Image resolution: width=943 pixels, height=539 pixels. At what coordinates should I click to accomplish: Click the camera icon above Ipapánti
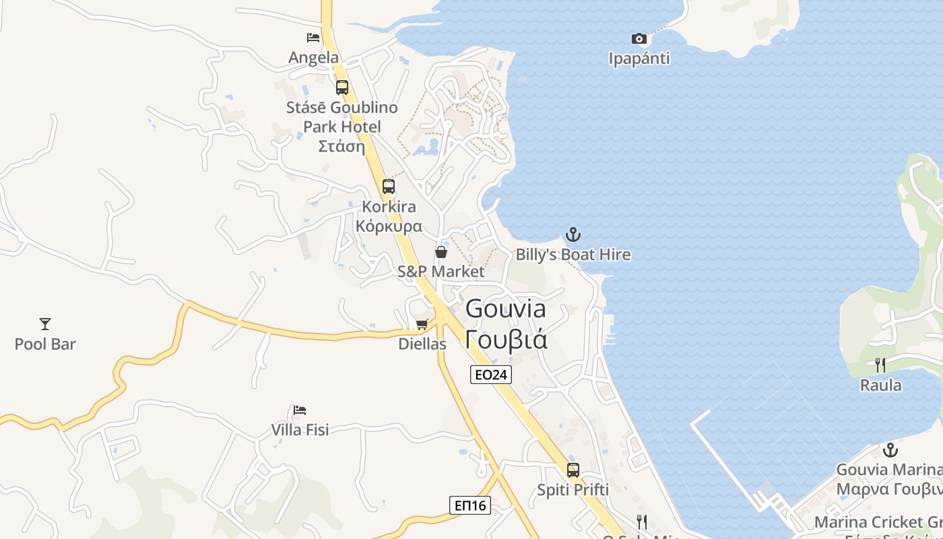[x=639, y=39]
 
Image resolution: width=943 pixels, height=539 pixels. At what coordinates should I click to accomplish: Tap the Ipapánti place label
[x=639, y=59]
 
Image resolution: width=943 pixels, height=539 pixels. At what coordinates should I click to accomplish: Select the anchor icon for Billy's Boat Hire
[x=573, y=234]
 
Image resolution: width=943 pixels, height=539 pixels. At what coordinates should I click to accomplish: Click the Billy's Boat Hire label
[x=573, y=255]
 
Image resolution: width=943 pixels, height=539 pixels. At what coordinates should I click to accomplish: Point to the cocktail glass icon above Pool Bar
[x=45, y=324]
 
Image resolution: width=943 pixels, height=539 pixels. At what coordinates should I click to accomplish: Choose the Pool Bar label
[x=45, y=344]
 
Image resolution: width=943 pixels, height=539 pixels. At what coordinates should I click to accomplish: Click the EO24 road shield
[x=490, y=375]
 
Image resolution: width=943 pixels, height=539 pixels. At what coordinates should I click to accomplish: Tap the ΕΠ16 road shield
[x=469, y=505]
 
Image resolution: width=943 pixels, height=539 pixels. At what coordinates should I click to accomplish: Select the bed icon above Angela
[x=313, y=38]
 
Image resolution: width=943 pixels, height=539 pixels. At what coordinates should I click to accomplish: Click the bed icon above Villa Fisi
[x=300, y=410]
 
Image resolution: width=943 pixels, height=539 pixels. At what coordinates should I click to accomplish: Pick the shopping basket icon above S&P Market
[x=441, y=252]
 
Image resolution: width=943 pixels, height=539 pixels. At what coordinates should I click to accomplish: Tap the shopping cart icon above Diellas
[x=422, y=325]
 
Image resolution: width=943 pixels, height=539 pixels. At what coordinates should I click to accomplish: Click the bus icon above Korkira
[x=389, y=187]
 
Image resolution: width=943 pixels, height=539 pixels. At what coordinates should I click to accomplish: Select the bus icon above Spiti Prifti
[x=573, y=470]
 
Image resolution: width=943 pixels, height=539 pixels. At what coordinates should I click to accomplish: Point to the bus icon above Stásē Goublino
[x=342, y=88]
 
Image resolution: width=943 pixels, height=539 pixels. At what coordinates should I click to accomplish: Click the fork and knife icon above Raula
[x=880, y=365]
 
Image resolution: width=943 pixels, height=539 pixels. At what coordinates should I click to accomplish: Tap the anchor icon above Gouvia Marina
[x=890, y=449]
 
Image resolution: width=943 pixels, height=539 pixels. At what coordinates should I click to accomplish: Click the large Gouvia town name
[x=506, y=309]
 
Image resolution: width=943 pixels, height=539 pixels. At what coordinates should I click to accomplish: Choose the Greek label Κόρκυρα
[x=389, y=226]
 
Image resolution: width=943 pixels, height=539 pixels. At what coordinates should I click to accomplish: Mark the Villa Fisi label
[x=300, y=430]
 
